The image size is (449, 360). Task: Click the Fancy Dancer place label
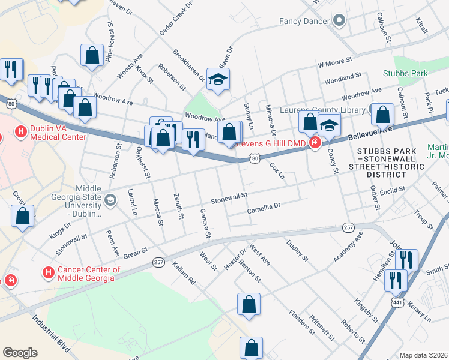point(304,21)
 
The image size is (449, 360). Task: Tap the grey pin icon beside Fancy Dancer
point(339,21)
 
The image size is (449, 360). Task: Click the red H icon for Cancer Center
point(49,273)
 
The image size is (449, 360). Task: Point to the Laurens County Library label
point(323,110)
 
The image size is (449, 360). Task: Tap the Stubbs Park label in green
point(405,73)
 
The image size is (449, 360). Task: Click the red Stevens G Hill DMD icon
point(314,142)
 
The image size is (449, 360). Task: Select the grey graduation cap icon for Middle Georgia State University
point(110,199)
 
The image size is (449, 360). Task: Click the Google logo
point(20,352)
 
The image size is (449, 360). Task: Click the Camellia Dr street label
point(264,209)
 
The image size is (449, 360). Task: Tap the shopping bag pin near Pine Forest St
point(92,55)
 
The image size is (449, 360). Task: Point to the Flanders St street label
point(301,322)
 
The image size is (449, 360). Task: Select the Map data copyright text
point(423,355)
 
